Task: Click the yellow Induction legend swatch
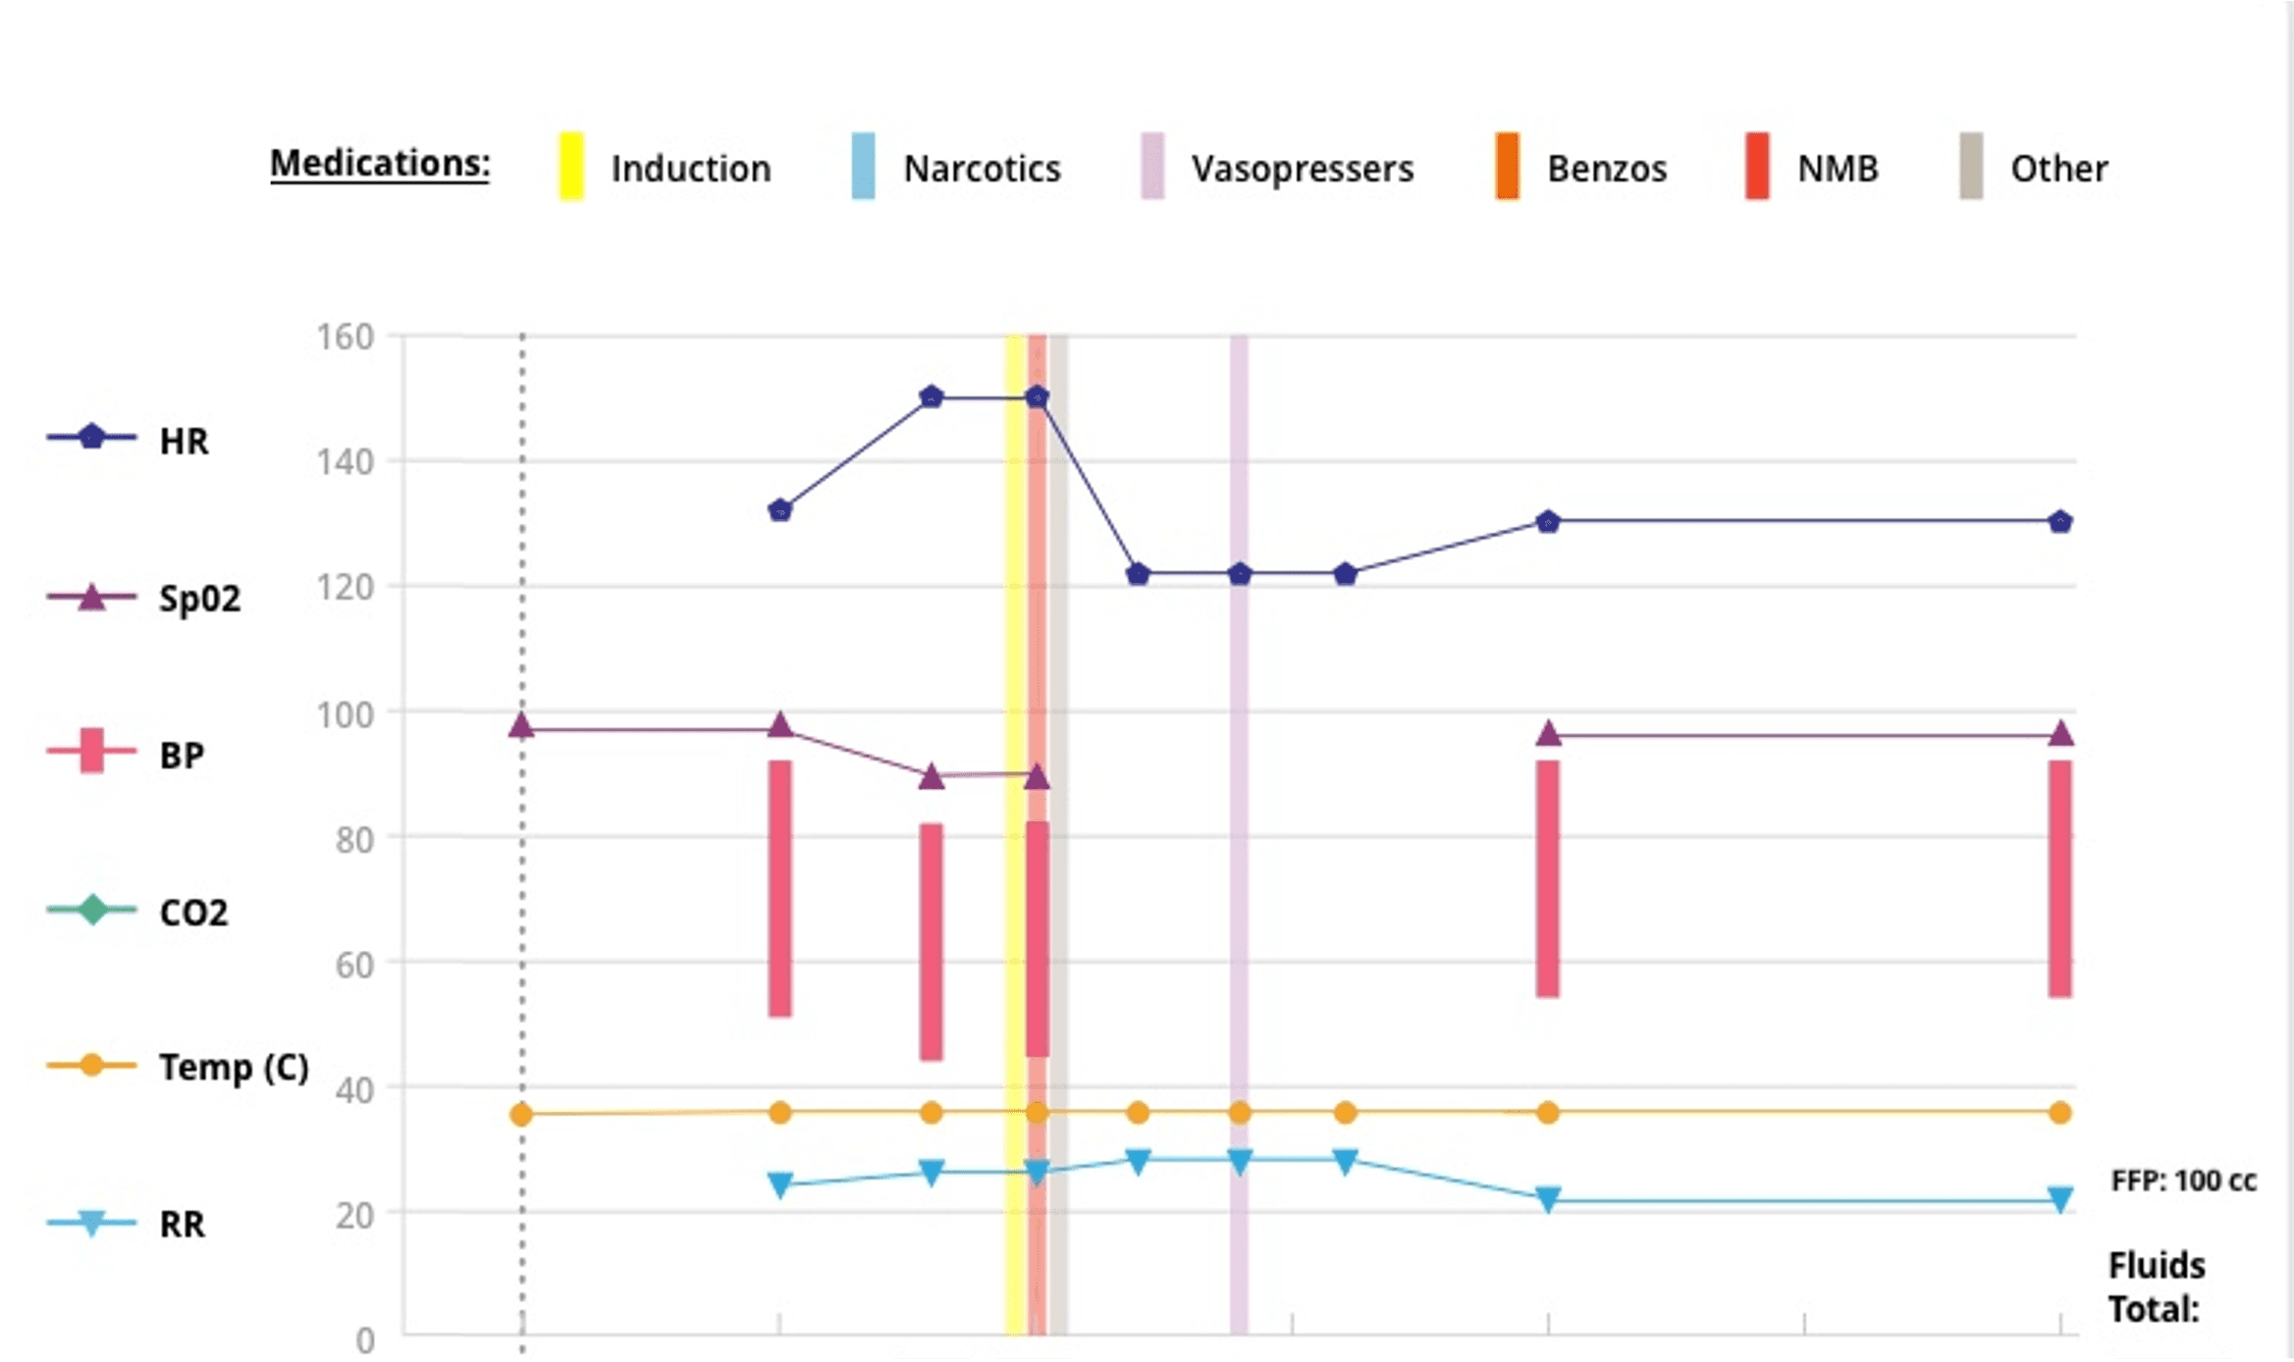[x=571, y=166]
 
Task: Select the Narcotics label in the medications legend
[x=982, y=169]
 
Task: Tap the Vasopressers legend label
[x=1303, y=169]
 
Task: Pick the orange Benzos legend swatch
[x=1508, y=166]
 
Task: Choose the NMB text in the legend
[x=1838, y=169]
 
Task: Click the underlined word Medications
[x=380, y=163]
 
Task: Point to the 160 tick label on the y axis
[x=345, y=337]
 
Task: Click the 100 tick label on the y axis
[x=345, y=714]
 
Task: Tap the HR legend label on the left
[x=184, y=441]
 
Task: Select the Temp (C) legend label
[x=234, y=1067]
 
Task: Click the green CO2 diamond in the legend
[x=92, y=910]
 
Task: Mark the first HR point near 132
[x=780, y=510]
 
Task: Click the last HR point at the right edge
[x=2060, y=521]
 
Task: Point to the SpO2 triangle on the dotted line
[x=521, y=726]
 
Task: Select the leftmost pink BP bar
[x=780, y=888]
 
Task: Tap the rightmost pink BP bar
[x=2060, y=878]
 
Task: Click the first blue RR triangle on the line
[x=780, y=1185]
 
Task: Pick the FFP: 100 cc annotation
[x=2184, y=1180]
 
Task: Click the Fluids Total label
[x=2157, y=1287]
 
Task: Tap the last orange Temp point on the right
[x=2060, y=1113]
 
